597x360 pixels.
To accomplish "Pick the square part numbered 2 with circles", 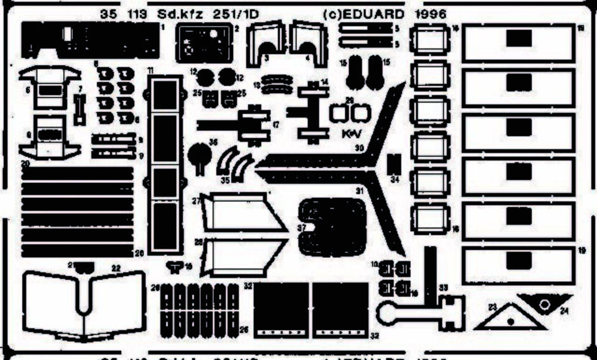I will tap(203, 42).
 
